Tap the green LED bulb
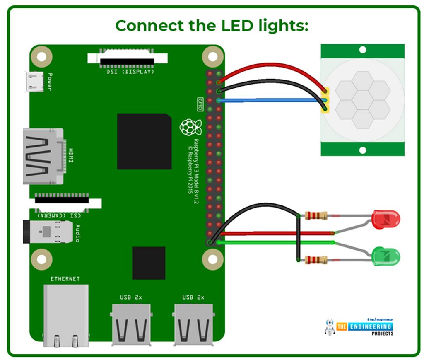[385, 255]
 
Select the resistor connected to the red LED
[316, 215]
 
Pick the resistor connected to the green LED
[316, 260]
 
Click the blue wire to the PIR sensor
[269, 100]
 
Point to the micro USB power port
[34, 82]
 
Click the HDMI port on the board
[43, 156]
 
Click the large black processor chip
[144, 141]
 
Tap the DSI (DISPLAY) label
[128, 71]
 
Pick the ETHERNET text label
[65, 279]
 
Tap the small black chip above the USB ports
[149, 263]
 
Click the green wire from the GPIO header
[273, 242]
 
